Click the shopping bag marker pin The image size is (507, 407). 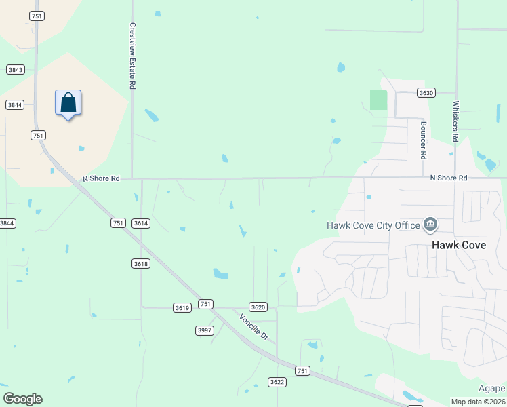tap(68, 104)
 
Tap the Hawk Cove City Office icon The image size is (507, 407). tap(430, 224)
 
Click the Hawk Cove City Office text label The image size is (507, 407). tap(372, 226)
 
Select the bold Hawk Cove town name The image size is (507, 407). tap(459, 245)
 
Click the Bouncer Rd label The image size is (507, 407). tap(423, 140)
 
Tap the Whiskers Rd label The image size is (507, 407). tap(455, 122)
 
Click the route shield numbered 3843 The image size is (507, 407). tap(16, 69)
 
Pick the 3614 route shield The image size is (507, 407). tap(141, 222)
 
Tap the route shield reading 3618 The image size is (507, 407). tap(141, 263)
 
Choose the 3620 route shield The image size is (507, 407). tap(258, 307)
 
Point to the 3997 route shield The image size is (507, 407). tap(204, 330)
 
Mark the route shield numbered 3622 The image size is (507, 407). tap(277, 382)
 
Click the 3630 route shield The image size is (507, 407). tap(426, 92)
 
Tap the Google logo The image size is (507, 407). tap(22, 399)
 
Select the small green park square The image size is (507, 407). tap(378, 99)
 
